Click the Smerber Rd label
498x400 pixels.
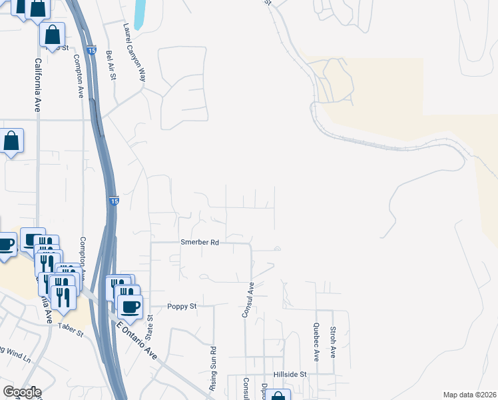pyautogui.click(x=200, y=243)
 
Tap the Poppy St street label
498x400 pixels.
pyautogui.click(x=182, y=306)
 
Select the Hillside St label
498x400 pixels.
pyautogui.click(x=289, y=375)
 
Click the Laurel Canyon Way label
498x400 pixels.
pyautogui.click(x=134, y=53)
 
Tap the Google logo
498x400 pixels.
pyautogui.click(x=21, y=392)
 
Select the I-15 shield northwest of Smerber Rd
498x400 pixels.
pyautogui.click(x=114, y=201)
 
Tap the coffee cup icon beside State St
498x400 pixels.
pyautogui.click(x=130, y=306)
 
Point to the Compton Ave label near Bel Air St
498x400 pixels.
pyautogui.click(x=79, y=74)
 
